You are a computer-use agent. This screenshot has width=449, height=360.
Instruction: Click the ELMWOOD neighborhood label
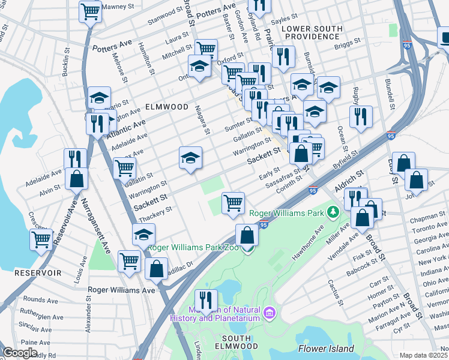click(x=167, y=107)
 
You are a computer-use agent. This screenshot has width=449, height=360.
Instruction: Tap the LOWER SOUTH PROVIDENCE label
click(x=312, y=32)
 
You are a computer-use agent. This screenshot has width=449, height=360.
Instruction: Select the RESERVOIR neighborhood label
click(x=38, y=272)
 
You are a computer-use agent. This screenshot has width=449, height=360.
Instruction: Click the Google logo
click(x=20, y=353)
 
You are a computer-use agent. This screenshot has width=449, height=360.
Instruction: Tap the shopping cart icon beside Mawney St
click(x=90, y=11)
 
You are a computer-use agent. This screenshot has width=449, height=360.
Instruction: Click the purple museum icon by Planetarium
click(x=269, y=313)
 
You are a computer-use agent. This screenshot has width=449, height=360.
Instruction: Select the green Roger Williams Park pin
click(x=333, y=212)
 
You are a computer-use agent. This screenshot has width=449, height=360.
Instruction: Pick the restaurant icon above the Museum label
click(x=206, y=299)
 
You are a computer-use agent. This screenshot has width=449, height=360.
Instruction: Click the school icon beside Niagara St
click(x=190, y=158)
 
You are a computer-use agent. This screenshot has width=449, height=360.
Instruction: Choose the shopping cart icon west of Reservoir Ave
click(x=41, y=239)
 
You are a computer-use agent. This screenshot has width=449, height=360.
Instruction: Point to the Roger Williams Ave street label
click(x=121, y=289)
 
